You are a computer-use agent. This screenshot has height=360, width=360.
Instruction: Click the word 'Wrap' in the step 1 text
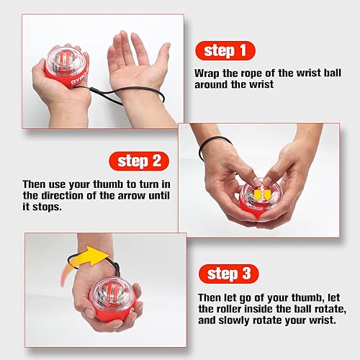click(x=208, y=73)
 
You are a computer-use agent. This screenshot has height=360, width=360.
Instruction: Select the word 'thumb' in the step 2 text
click(x=107, y=184)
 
